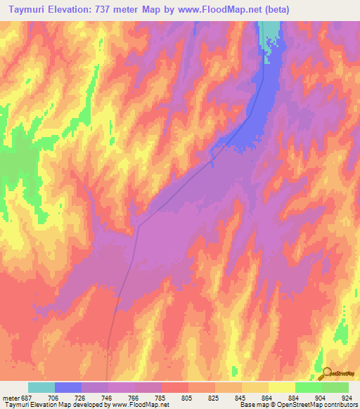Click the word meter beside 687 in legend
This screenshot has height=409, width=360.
[11, 397]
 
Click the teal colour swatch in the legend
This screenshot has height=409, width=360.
[41, 387]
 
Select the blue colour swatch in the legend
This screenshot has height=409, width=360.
[68, 387]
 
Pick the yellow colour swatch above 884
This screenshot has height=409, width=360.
[281, 387]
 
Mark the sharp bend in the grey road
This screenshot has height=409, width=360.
[139, 226]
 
